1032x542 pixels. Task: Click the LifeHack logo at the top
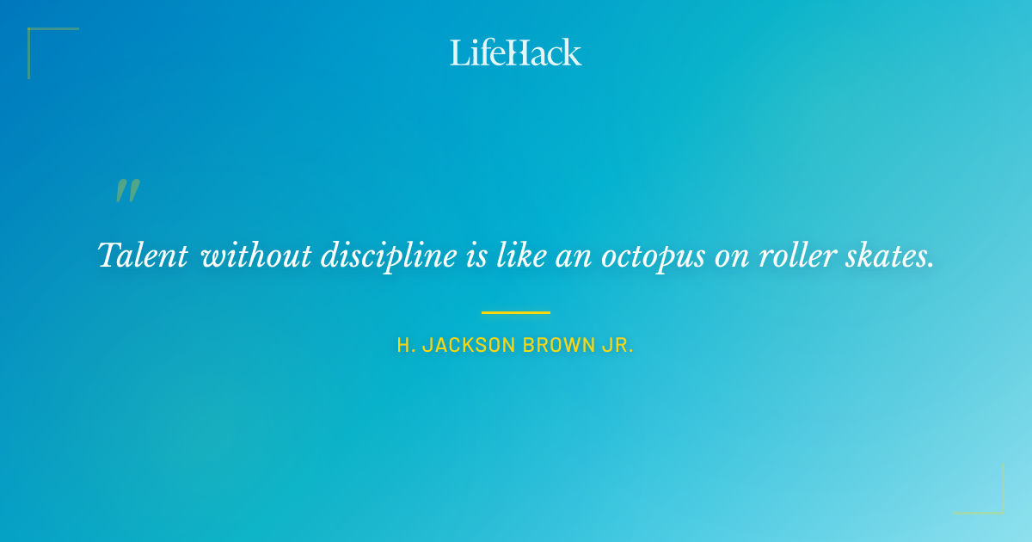click(516, 52)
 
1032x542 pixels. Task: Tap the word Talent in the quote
click(143, 256)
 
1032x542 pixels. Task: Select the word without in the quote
click(257, 256)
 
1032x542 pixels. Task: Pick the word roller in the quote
click(797, 256)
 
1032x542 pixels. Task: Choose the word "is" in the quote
click(476, 256)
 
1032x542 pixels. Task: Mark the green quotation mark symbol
click(127, 191)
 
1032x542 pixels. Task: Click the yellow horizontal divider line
click(516, 312)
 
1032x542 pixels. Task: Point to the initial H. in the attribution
click(406, 346)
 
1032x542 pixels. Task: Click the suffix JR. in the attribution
click(619, 346)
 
